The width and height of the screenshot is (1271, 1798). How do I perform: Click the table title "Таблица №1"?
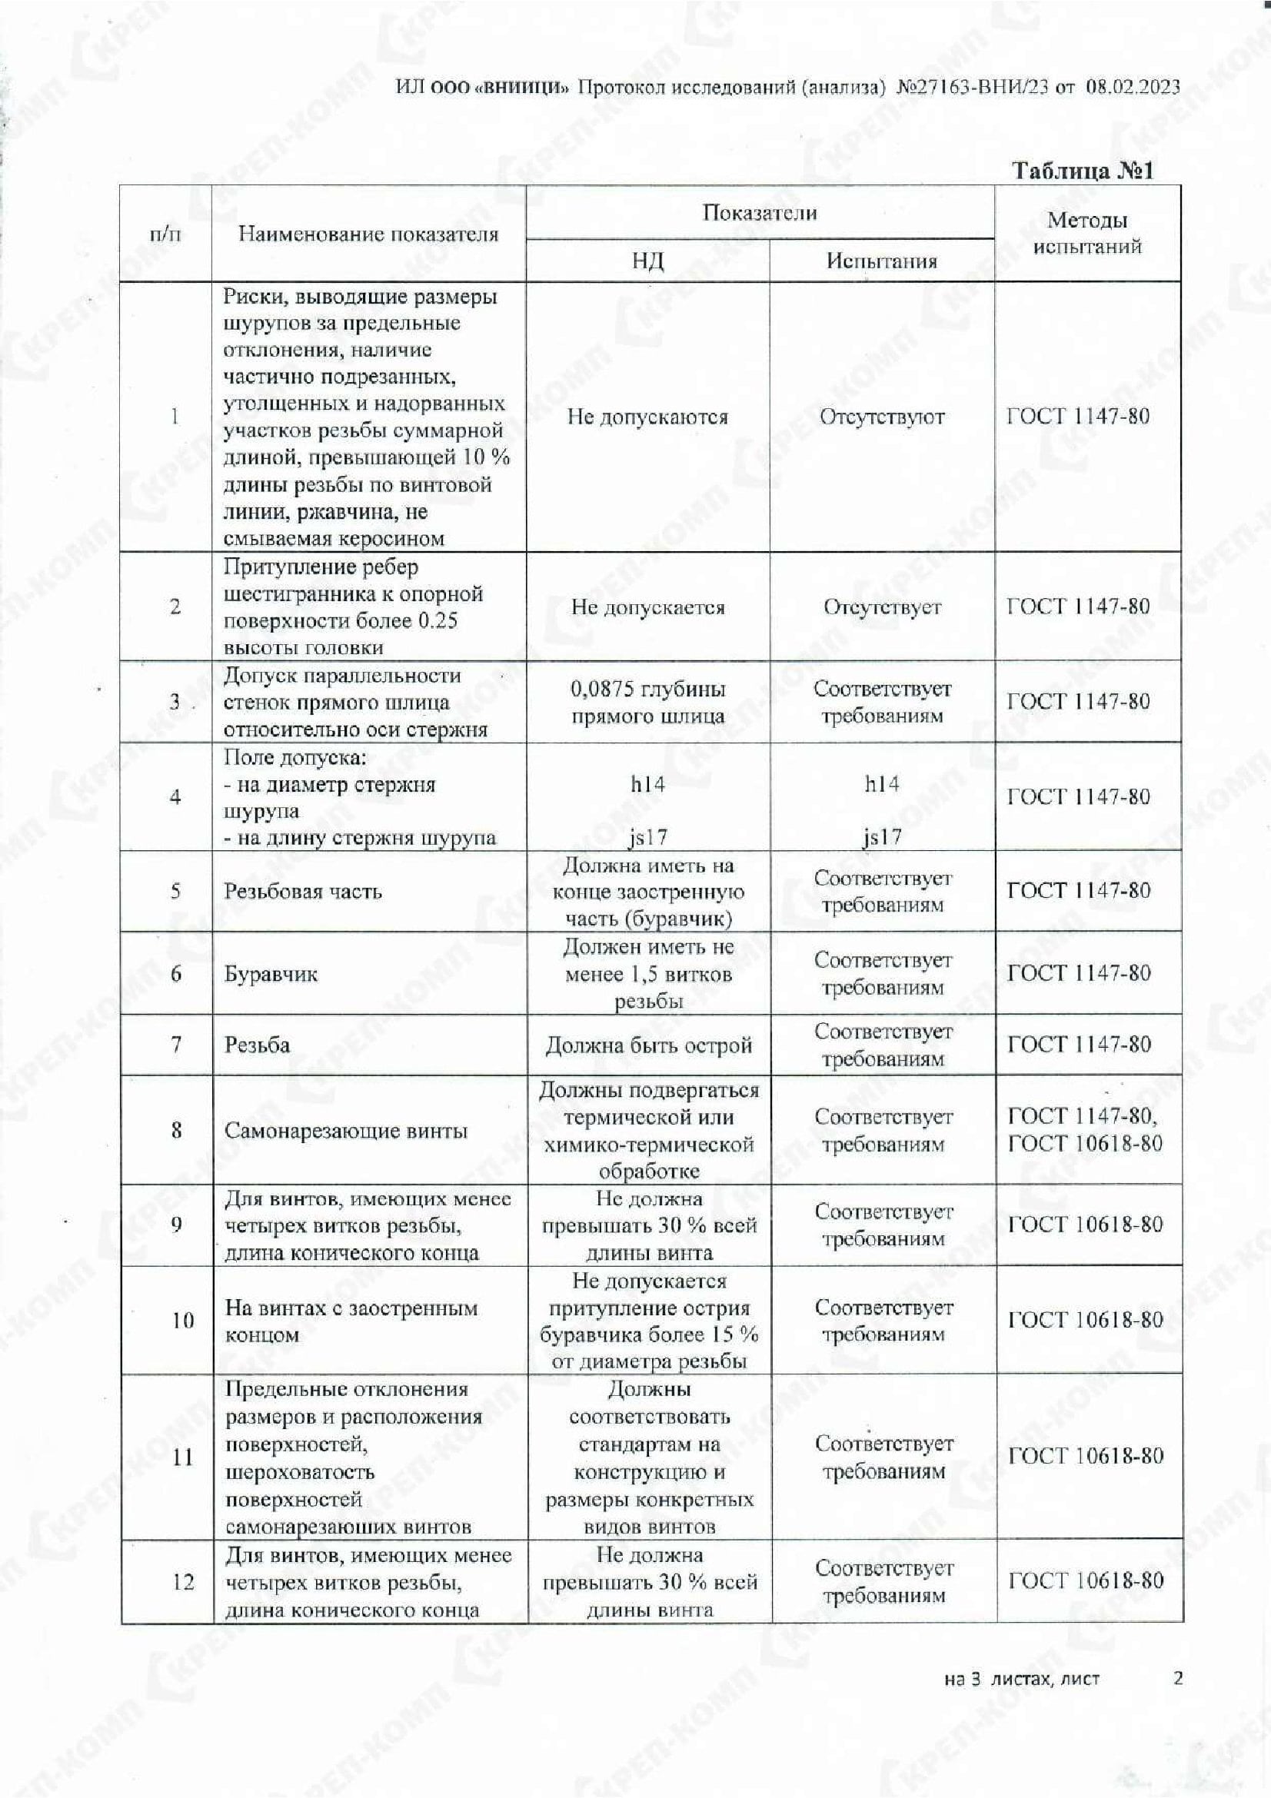[x=1083, y=171]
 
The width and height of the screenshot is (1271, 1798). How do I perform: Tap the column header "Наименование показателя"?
[x=368, y=234]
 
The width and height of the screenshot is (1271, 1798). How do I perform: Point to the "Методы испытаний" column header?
[x=1087, y=234]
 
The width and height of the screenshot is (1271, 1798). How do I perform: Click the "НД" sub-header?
[x=647, y=261]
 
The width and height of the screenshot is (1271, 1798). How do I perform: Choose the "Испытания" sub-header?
[x=882, y=261]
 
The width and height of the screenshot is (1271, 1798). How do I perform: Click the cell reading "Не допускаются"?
[x=647, y=417]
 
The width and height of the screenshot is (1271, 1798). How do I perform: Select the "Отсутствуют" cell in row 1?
[x=882, y=417]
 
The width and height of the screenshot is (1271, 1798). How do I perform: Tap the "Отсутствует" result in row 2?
[x=882, y=607]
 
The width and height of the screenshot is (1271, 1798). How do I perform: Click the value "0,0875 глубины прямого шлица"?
[x=647, y=703]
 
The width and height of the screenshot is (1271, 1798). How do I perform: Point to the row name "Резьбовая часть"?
[x=303, y=891]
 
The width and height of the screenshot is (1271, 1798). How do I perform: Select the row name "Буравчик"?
[x=271, y=974]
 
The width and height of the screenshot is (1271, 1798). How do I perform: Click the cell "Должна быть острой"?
[x=647, y=1045]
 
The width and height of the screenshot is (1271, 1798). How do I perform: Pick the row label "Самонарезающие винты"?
[x=346, y=1130]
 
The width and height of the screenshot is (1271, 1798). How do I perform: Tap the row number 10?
[x=182, y=1321]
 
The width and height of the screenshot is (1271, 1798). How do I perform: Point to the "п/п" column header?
[x=165, y=234]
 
